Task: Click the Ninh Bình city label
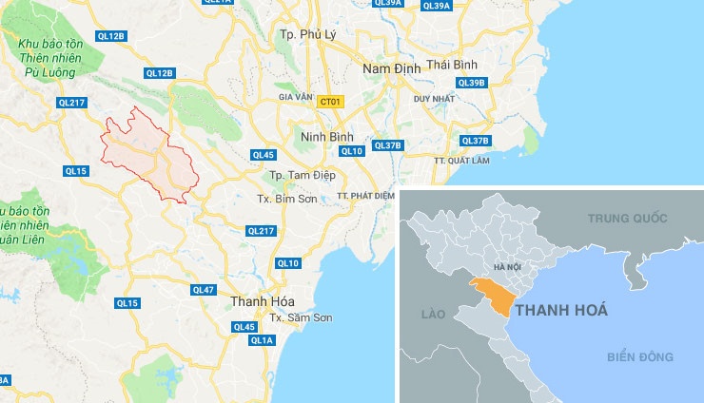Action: (x=322, y=137)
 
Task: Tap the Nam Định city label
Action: (x=389, y=68)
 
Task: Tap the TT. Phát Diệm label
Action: (x=365, y=196)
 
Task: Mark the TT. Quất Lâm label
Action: (x=474, y=161)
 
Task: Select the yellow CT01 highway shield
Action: (x=330, y=101)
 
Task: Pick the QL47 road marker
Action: (x=204, y=289)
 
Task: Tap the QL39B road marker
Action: (x=471, y=83)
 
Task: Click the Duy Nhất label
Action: (x=433, y=98)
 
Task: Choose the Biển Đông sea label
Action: (x=641, y=356)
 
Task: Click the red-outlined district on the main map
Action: (x=147, y=154)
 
